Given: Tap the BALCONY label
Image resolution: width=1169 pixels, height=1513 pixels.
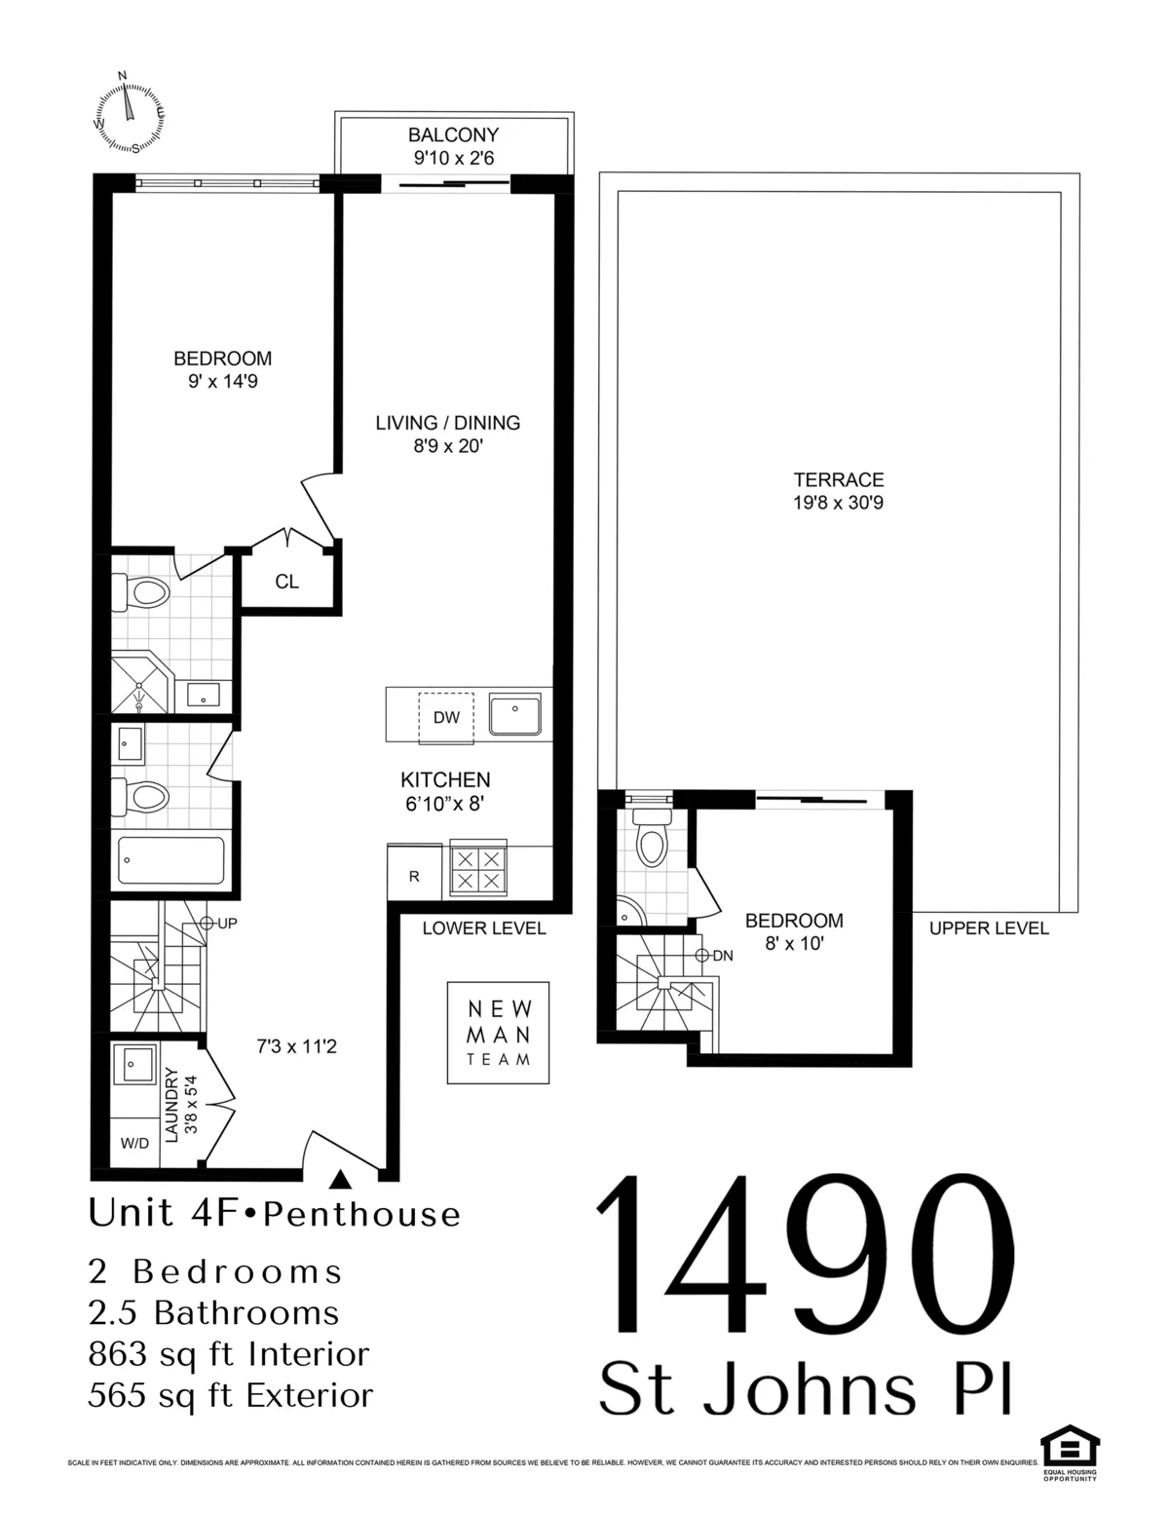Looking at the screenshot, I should click(x=453, y=135).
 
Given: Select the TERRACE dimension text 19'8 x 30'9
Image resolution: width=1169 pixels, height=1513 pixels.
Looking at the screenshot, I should click(x=838, y=504).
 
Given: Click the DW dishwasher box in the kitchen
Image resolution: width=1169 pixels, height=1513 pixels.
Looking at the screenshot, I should click(x=446, y=718).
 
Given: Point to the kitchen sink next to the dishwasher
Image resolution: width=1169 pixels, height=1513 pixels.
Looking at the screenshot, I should click(x=515, y=715).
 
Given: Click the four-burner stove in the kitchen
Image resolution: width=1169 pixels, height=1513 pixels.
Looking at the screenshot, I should click(x=477, y=869).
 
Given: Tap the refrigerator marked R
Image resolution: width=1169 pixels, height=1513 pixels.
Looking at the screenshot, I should click(x=414, y=876).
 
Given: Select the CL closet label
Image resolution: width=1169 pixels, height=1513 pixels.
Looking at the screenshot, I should click(x=286, y=583).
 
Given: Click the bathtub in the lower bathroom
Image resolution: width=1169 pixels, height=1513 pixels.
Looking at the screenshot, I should click(x=171, y=859).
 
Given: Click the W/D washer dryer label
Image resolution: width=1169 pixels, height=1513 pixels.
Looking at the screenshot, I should click(x=134, y=1143).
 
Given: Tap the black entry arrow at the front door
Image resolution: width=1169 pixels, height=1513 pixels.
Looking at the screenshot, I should click(x=340, y=1180).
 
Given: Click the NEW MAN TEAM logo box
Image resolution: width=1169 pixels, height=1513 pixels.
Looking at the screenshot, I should click(x=498, y=1033).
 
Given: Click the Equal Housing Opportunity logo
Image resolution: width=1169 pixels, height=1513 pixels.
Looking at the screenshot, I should click(x=1070, y=1455).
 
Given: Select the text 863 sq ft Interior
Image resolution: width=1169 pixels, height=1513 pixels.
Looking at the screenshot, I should click(x=229, y=1354).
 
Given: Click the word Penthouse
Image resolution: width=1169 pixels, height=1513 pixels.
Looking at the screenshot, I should click(x=362, y=1215).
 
